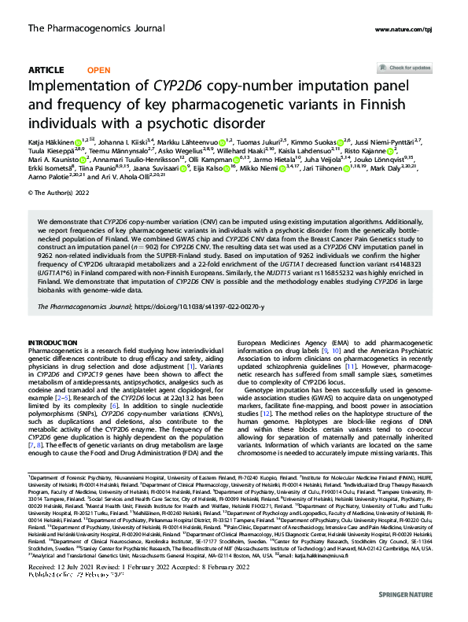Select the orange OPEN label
pyautogui.click(x=98, y=69)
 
